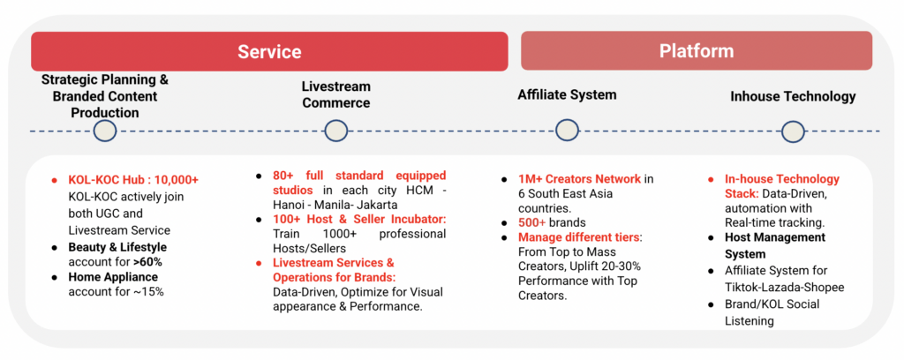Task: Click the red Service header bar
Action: [x=269, y=51]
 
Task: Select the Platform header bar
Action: [x=697, y=50]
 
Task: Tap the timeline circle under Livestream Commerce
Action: [x=336, y=131]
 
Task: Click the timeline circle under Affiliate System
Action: [x=567, y=131]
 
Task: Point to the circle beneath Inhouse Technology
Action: [x=793, y=131]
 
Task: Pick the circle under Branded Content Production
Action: [x=105, y=131]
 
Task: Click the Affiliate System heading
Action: [x=567, y=94]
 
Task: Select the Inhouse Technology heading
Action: [x=793, y=96]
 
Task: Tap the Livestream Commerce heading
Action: [x=336, y=94]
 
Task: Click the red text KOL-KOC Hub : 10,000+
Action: [x=133, y=180]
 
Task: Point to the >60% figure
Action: [x=147, y=263]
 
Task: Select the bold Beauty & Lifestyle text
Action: [x=117, y=247]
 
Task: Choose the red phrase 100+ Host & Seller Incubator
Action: [x=360, y=219]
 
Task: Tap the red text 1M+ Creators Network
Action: [x=579, y=178]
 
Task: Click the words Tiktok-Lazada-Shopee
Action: [x=785, y=287]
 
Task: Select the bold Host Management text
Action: [x=775, y=237]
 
